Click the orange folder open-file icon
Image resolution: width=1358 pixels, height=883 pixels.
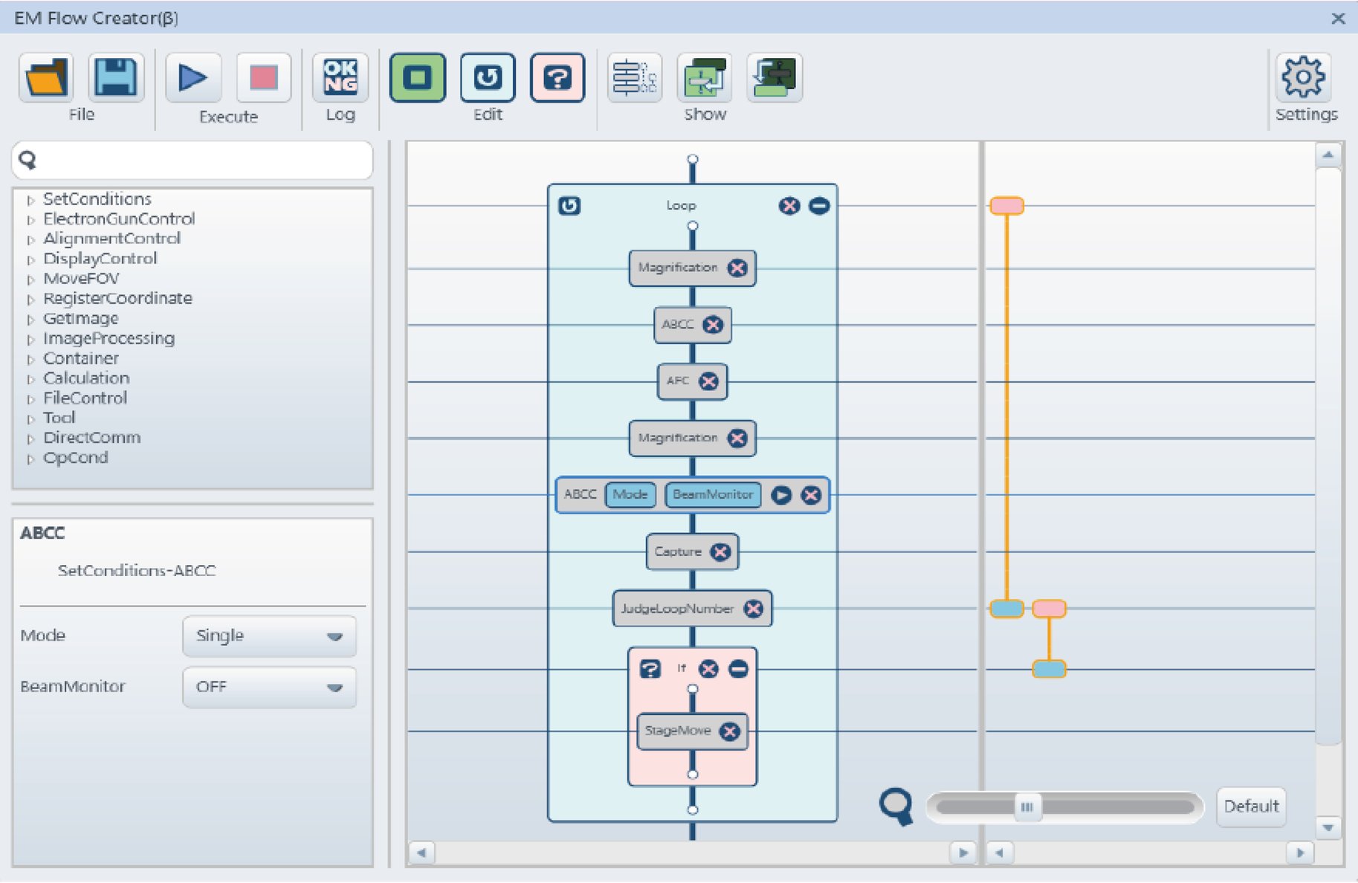(x=46, y=77)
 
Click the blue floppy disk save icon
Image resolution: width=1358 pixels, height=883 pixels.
(x=116, y=77)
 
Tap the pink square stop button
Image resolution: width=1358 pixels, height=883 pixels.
(x=263, y=77)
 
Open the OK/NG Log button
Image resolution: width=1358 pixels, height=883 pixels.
(x=340, y=77)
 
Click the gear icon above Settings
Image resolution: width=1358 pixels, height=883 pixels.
(x=1303, y=77)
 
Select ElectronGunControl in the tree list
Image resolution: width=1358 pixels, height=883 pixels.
(x=119, y=219)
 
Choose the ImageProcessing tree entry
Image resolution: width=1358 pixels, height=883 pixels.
(x=109, y=338)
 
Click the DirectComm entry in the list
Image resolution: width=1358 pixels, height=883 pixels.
(x=91, y=437)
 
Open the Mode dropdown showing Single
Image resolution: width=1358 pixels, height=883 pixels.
(x=269, y=635)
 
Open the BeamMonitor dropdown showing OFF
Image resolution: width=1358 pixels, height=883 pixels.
(x=269, y=687)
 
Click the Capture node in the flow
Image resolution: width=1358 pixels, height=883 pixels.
(x=678, y=552)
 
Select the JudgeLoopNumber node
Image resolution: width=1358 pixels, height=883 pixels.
(x=677, y=609)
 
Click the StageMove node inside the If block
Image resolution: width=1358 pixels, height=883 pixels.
(x=678, y=731)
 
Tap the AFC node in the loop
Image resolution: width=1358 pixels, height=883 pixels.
(x=677, y=381)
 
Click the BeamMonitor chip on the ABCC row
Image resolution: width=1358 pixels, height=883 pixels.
(x=713, y=494)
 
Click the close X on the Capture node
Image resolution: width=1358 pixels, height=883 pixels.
(x=720, y=552)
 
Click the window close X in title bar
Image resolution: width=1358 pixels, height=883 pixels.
(x=1338, y=18)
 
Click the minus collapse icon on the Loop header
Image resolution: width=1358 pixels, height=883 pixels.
(x=819, y=206)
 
